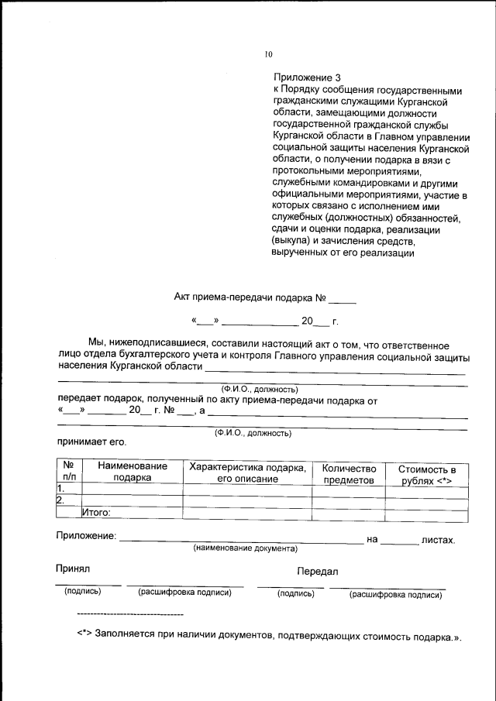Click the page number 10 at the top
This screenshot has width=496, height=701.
(269, 54)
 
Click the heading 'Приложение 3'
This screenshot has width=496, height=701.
(307, 77)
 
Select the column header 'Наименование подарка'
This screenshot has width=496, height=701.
(132, 472)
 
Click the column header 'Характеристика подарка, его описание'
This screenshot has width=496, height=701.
(247, 472)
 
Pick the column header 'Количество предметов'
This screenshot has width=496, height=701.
(349, 473)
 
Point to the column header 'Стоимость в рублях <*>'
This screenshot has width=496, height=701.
(426, 474)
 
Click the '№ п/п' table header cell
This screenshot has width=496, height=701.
(68, 472)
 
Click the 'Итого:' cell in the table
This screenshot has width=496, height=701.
(97, 512)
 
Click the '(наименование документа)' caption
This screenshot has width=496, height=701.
(245, 548)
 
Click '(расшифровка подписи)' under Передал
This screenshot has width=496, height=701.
(395, 595)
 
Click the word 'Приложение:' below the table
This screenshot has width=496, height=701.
(86, 535)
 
